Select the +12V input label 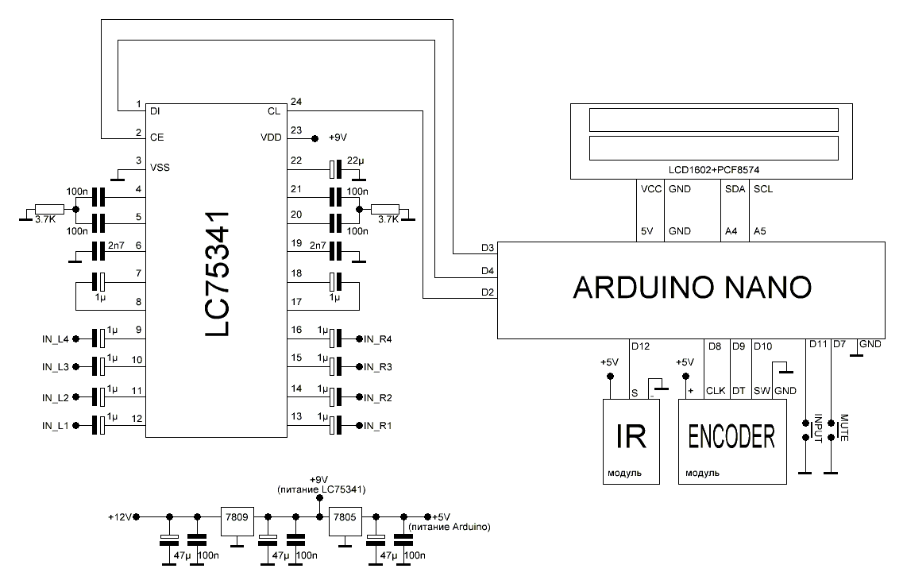[119, 516]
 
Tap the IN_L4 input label [56, 339]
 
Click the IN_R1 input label [377, 427]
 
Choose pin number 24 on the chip [296, 102]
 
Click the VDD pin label [271, 137]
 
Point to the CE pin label [156, 137]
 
